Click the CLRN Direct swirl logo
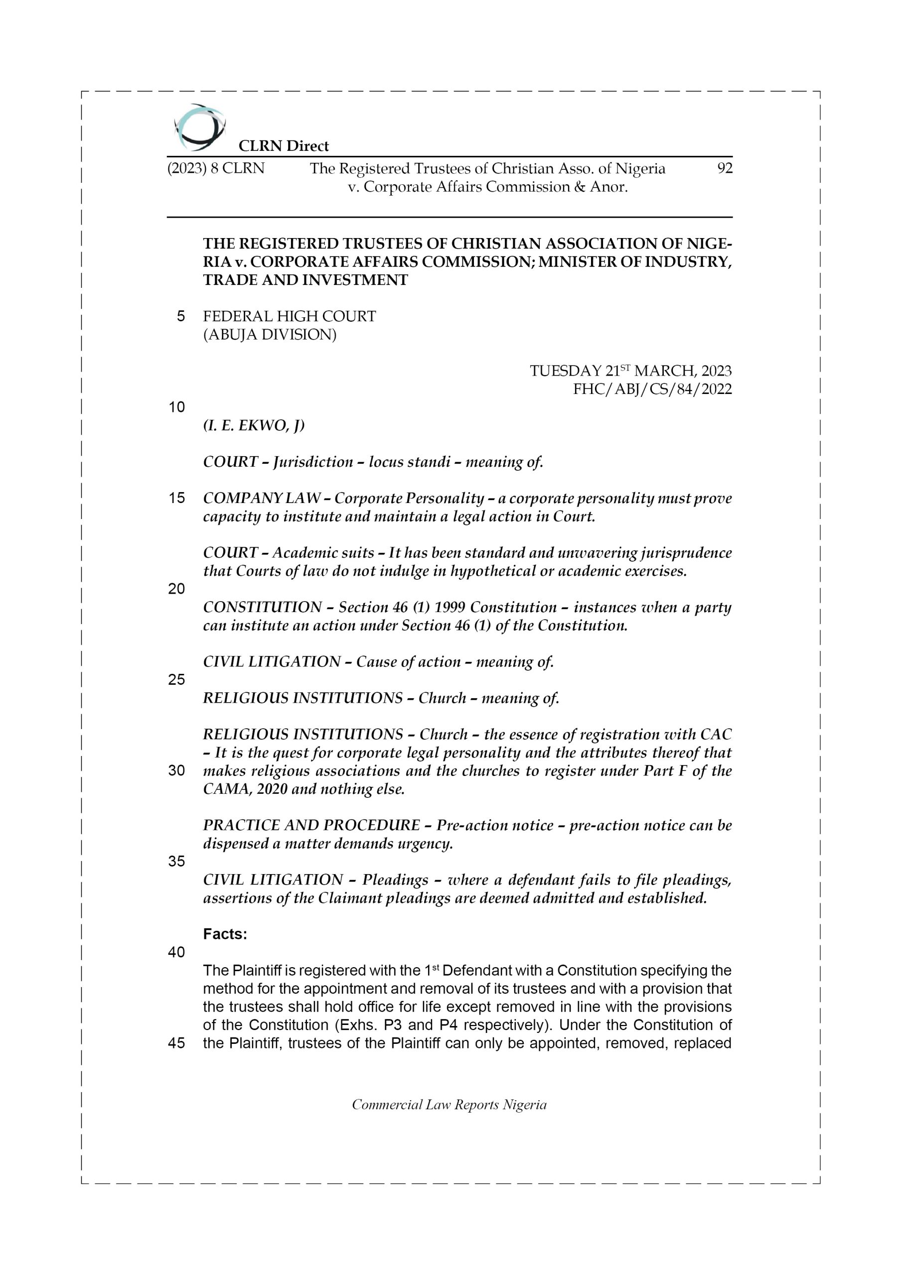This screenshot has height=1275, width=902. tap(199, 127)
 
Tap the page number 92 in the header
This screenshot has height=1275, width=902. tap(725, 168)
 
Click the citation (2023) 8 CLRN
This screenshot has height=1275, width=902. tap(216, 168)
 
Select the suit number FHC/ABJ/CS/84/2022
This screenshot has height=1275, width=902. tap(652, 389)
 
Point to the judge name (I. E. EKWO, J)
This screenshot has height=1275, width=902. tap(254, 425)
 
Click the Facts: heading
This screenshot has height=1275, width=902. tap(225, 935)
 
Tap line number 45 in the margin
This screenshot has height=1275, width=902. tap(176, 1043)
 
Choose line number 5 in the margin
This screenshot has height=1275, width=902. tap(180, 317)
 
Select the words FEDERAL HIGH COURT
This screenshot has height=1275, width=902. tap(289, 317)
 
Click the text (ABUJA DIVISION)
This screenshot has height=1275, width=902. tap(270, 335)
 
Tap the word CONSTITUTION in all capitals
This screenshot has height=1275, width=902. tap(262, 607)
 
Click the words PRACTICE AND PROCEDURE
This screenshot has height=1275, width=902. tap(311, 825)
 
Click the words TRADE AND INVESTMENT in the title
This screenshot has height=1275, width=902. tap(305, 280)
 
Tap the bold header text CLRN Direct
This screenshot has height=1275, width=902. tap(284, 146)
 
